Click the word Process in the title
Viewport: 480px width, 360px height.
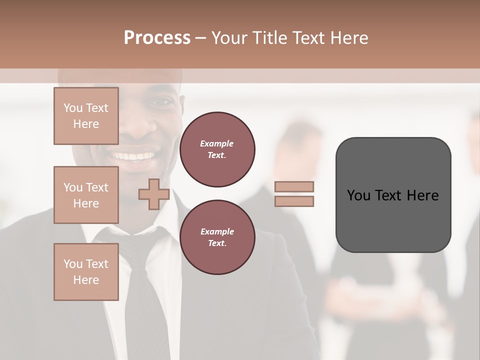pos(157,38)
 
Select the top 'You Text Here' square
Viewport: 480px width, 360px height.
pos(86,116)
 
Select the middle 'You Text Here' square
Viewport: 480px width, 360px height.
pos(86,195)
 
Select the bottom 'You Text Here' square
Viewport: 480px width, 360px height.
pos(86,272)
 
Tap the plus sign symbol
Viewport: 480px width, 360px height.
pos(154,194)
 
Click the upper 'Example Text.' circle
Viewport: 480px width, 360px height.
pos(217,149)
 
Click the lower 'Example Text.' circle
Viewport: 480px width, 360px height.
pos(217,237)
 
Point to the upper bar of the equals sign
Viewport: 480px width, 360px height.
pos(294,186)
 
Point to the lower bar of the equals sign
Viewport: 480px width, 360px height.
pos(294,201)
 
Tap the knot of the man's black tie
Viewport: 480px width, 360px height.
pos(131,245)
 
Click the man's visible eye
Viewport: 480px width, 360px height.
pos(161,102)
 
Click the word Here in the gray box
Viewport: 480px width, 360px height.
pos(423,195)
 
